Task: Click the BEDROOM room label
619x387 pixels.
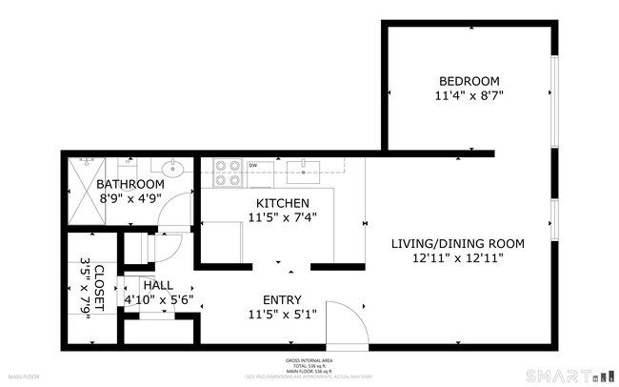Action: pyautogui.click(x=469, y=81)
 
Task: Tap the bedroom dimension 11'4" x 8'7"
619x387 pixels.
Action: pyautogui.click(x=469, y=95)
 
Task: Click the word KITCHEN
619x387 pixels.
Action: pyautogui.click(x=283, y=203)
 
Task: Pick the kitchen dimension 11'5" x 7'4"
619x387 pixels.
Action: pyautogui.click(x=283, y=217)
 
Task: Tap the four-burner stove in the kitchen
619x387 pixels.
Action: pyautogui.click(x=228, y=172)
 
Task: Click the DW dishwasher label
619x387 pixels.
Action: pyautogui.click(x=254, y=166)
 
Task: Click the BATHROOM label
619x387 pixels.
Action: pyautogui.click(x=130, y=184)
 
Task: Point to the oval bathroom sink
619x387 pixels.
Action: pyautogui.click(x=172, y=171)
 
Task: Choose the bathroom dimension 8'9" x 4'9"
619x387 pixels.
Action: pyautogui.click(x=130, y=198)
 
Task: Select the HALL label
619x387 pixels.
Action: pyautogui.click(x=157, y=285)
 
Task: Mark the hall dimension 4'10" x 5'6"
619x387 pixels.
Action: pyautogui.click(x=157, y=299)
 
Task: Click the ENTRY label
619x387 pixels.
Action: pyautogui.click(x=281, y=297)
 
